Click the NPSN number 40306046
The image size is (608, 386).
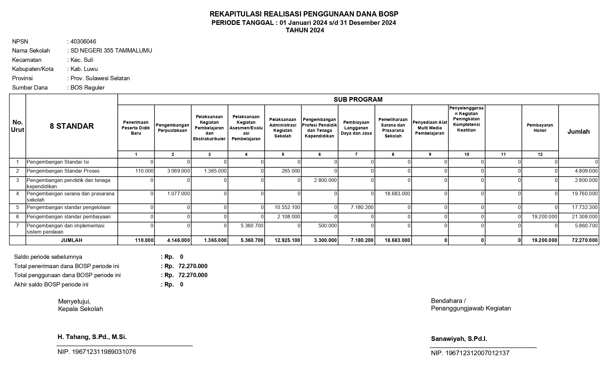tap(83, 42)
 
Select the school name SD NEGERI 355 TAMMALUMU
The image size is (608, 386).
tap(111, 51)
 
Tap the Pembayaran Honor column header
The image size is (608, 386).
tap(540, 128)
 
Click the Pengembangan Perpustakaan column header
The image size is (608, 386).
tap(173, 128)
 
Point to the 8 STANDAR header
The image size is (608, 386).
tap(72, 126)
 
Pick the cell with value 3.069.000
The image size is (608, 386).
tap(179, 171)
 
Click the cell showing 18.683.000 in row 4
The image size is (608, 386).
tap(397, 194)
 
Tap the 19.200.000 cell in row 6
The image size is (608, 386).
tap(545, 217)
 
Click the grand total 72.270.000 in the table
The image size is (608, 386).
tap(585, 240)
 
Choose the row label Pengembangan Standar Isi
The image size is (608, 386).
tap(58, 162)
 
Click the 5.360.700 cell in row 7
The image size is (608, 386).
tap(252, 226)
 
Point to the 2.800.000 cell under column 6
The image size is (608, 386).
tap(325, 180)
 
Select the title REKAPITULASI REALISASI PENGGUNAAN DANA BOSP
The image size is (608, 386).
tap(304, 14)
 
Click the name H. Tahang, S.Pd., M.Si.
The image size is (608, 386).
tap(92, 337)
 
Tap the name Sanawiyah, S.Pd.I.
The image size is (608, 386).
tap(459, 339)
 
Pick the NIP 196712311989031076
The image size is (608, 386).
tap(97, 352)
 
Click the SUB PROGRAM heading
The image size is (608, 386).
tap(358, 100)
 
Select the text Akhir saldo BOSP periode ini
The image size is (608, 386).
tap(51, 285)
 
